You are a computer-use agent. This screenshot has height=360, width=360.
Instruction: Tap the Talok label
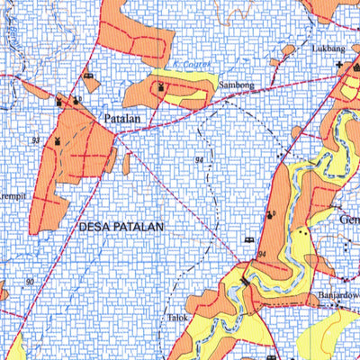[176, 317]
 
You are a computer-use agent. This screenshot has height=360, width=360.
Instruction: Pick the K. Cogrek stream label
[189, 66]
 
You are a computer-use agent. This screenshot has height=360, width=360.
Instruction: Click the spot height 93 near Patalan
[34, 141]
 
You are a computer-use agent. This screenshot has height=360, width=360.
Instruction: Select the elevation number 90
[30, 282]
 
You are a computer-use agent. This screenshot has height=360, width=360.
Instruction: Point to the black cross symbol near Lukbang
[339, 65]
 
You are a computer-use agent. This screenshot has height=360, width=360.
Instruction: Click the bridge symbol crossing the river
[245, 283]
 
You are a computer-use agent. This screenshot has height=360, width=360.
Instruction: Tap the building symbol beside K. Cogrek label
[161, 85]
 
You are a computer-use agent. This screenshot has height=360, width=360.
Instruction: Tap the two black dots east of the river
[305, 232]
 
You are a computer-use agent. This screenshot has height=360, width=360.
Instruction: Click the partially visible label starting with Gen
[348, 219]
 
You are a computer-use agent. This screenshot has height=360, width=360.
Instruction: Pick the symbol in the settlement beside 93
[58, 141]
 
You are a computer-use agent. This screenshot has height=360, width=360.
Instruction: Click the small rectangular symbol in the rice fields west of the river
[249, 239]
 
